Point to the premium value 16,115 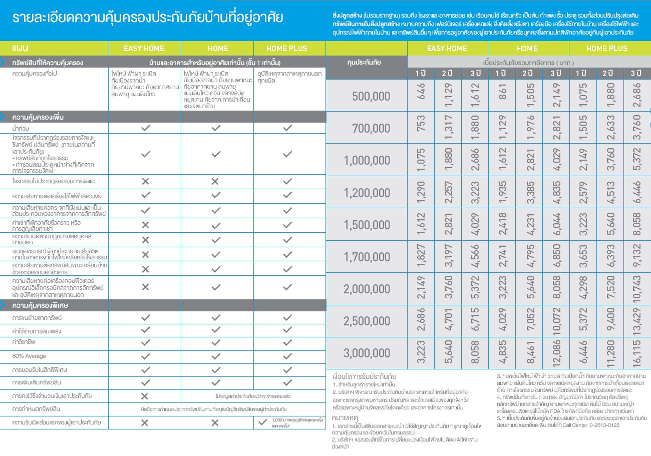(636, 352)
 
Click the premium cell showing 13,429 (636, 320)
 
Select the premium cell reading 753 (421, 128)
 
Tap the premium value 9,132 (636, 256)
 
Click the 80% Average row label (29, 356)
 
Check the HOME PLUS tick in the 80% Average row (287, 356)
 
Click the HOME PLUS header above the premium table (606, 49)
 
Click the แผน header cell (21, 49)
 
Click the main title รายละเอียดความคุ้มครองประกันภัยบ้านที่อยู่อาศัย (148, 18)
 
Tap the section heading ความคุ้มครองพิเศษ (40, 305)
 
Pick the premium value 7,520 (609, 288)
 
